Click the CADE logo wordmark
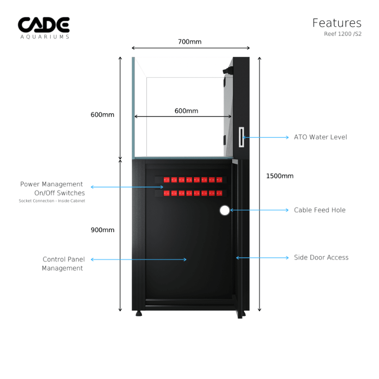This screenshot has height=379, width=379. click(x=44, y=25)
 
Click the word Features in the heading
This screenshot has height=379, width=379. click(x=336, y=23)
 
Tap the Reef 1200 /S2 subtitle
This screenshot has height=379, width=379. click(x=343, y=34)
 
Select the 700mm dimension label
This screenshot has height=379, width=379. click(x=189, y=42)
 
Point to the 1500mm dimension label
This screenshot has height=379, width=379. click(x=280, y=176)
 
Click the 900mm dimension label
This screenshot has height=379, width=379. click(x=102, y=230)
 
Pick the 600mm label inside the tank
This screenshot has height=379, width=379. click(x=186, y=111)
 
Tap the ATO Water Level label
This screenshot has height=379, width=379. click(x=320, y=137)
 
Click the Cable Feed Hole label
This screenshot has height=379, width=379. click(x=319, y=210)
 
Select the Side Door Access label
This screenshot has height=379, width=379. click(x=321, y=258)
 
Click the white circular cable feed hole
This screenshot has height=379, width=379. click(x=225, y=210)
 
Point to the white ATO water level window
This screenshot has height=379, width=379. click(x=241, y=137)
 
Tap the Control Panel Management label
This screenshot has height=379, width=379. click(x=63, y=264)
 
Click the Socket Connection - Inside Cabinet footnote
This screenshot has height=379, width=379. click(x=52, y=201)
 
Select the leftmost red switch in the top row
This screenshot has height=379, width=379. click(x=166, y=180)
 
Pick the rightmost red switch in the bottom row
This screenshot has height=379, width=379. click(x=219, y=193)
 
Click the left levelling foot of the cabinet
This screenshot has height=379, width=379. click(x=138, y=313)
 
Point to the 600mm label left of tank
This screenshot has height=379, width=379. click(x=102, y=115)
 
